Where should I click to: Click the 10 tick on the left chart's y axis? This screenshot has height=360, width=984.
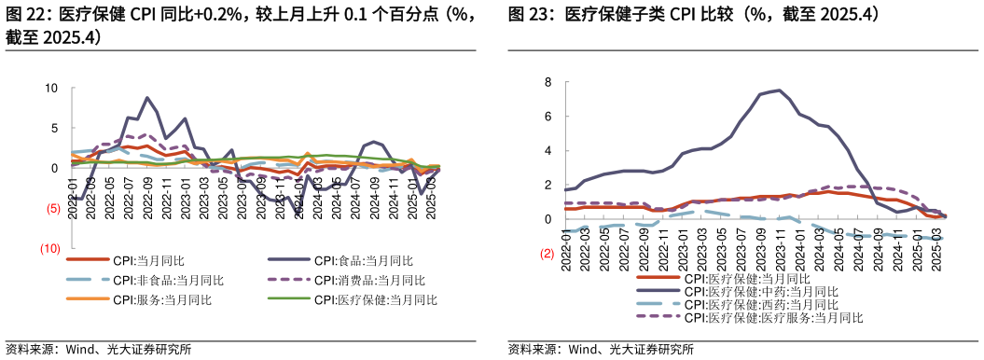pos(52,89)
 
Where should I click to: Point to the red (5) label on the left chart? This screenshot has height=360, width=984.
pos(53,209)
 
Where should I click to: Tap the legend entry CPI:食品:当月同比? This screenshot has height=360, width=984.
pos(363,260)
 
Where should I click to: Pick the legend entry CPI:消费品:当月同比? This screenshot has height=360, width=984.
pos(369,280)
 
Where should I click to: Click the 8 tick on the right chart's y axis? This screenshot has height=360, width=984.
pos(549,82)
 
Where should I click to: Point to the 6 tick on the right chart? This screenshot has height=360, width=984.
pos(549,117)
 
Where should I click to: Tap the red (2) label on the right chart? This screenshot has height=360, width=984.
pos(547,254)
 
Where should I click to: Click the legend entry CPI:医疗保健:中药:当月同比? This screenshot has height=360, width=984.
pos(760,291)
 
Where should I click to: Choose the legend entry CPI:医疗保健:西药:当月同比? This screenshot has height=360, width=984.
pos(760,304)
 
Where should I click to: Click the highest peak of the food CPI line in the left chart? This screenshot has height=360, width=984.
pos(147,98)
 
